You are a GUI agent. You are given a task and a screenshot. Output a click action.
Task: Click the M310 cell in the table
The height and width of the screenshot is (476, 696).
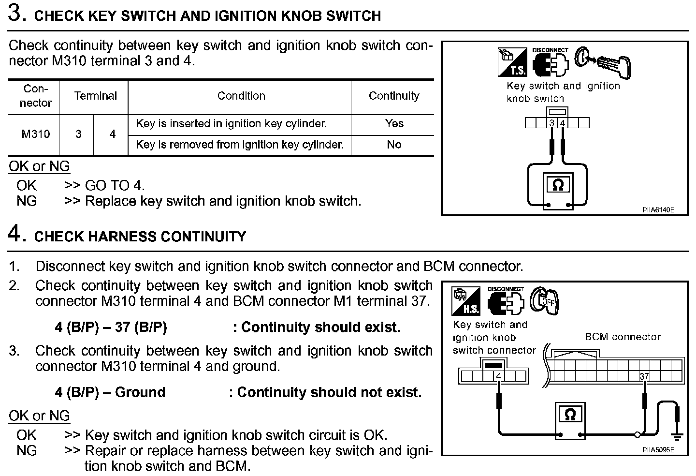(x=35, y=134)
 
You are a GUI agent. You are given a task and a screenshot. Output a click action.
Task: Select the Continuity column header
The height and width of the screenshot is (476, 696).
(x=394, y=96)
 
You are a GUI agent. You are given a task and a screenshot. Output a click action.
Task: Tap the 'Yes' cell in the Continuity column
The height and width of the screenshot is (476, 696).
(x=394, y=123)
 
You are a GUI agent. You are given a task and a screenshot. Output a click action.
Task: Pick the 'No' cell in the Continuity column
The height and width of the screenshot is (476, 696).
(x=394, y=145)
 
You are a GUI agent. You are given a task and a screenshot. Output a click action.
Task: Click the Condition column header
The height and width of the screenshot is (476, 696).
(x=241, y=96)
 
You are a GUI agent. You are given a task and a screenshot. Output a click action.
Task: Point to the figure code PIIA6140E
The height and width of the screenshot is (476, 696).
(x=658, y=210)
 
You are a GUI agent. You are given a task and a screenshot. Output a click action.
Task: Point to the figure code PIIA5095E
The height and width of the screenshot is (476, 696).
(x=658, y=450)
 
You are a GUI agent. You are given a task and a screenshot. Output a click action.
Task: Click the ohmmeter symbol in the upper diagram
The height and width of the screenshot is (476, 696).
(x=558, y=185)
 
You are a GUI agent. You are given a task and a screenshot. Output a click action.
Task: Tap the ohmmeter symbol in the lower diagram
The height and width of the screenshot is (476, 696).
(x=570, y=415)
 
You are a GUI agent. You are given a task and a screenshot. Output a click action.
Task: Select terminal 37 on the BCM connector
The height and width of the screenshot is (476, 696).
(x=644, y=376)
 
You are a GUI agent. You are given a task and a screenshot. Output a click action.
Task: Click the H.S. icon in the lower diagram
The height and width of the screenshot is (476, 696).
(x=466, y=301)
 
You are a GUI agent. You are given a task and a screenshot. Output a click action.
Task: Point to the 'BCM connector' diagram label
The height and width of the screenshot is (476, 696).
(x=622, y=337)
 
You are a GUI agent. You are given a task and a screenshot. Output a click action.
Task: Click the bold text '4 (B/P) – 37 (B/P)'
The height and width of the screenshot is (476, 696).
(x=111, y=327)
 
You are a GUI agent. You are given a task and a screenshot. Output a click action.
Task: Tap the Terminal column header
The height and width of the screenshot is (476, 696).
(x=95, y=96)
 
